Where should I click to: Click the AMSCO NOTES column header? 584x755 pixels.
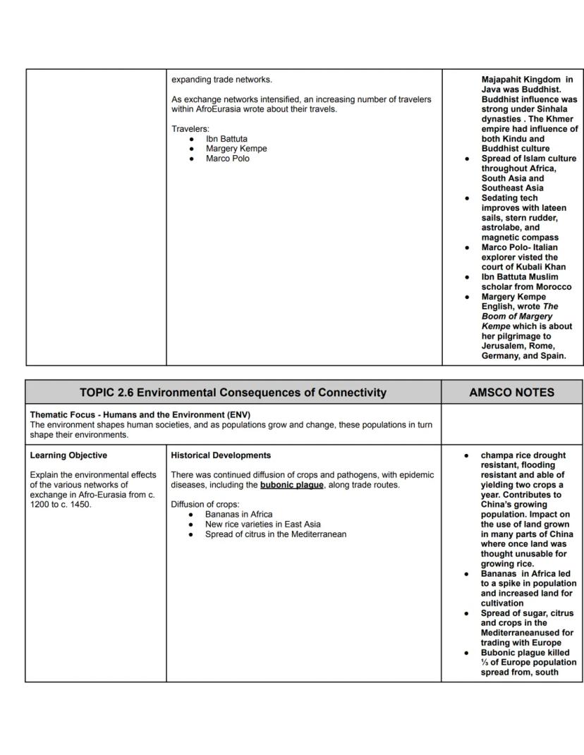[x=512, y=392]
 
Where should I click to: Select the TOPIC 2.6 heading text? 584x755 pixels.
[x=233, y=392]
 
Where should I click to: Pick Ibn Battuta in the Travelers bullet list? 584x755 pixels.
[x=226, y=139]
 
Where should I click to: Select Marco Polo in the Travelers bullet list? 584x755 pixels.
[x=227, y=159]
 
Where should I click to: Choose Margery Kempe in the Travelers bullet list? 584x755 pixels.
[x=236, y=149]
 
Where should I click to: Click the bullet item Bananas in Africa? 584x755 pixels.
[x=238, y=515]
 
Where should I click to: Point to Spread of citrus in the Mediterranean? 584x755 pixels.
[x=275, y=534]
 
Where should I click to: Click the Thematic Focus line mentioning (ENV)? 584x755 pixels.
[x=140, y=415]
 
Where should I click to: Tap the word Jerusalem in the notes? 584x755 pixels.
[x=506, y=346]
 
